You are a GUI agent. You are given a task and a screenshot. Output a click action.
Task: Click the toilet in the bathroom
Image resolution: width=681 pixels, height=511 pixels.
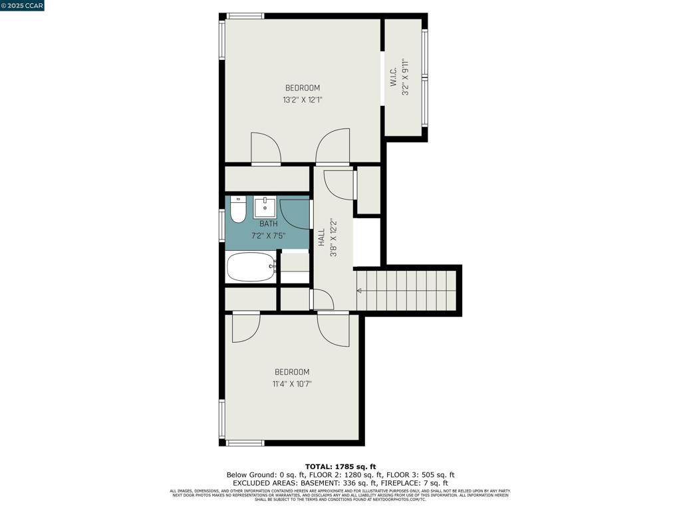pos(238,210)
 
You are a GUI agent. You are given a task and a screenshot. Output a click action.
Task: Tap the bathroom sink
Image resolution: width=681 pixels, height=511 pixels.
pos(264,207)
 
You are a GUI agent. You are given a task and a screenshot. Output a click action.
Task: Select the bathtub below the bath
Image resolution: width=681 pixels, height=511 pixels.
pos(251,267)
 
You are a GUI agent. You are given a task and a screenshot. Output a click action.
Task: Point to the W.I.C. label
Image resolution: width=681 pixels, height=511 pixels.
pos(393,77)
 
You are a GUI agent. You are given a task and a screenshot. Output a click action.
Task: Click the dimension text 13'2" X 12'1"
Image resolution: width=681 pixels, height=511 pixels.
pos(303,100)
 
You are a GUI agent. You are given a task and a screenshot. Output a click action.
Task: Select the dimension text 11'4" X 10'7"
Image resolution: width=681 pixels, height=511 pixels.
pos(292,384)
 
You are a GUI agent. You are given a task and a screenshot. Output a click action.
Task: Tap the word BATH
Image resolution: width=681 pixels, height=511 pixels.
pos(269,224)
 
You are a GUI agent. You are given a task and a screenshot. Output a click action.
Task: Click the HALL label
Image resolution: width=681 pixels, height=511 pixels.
pos(321,238)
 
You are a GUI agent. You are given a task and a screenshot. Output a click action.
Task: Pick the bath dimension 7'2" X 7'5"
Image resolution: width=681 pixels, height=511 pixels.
pos(269,236)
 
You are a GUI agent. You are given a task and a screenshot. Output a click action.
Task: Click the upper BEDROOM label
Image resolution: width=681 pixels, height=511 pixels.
pos(303,88)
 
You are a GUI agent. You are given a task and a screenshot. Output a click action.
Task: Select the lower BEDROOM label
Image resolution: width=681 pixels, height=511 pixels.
pos(292,372)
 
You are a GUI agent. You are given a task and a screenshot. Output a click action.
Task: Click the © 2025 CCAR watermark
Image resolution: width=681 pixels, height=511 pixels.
pos(22,5)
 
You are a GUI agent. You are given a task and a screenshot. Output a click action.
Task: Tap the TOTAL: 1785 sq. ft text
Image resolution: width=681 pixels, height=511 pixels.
pos(340,466)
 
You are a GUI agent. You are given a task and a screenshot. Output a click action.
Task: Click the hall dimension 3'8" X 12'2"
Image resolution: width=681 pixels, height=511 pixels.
pos(334,238)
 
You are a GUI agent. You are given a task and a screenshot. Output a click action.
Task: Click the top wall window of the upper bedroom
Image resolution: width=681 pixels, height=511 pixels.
pos(245,16)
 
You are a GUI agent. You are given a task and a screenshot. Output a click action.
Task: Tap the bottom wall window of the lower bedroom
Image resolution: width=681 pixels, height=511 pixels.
pos(245,442)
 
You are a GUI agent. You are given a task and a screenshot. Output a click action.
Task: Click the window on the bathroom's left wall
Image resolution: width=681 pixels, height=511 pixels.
pos(222,224)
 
